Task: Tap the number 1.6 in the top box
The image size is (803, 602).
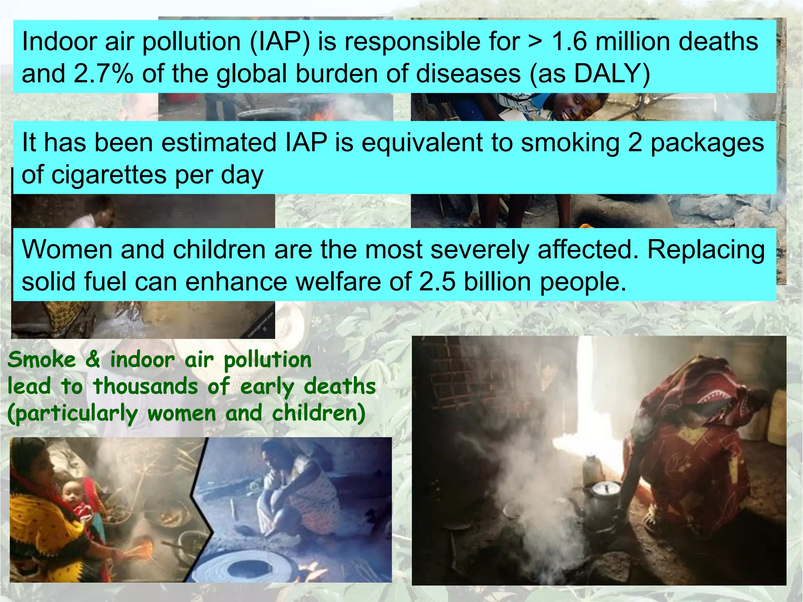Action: [x=569, y=42]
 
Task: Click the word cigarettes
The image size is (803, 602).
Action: [x=109, y=175]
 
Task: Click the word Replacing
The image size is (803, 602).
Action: [x=706, y=250]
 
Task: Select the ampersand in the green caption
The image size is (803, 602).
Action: [x=93, y=360]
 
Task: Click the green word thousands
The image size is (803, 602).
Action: [x=145, y=386]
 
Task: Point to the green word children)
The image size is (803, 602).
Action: [x=319, y=413]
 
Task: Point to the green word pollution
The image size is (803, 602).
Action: [x=268, y=360]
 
